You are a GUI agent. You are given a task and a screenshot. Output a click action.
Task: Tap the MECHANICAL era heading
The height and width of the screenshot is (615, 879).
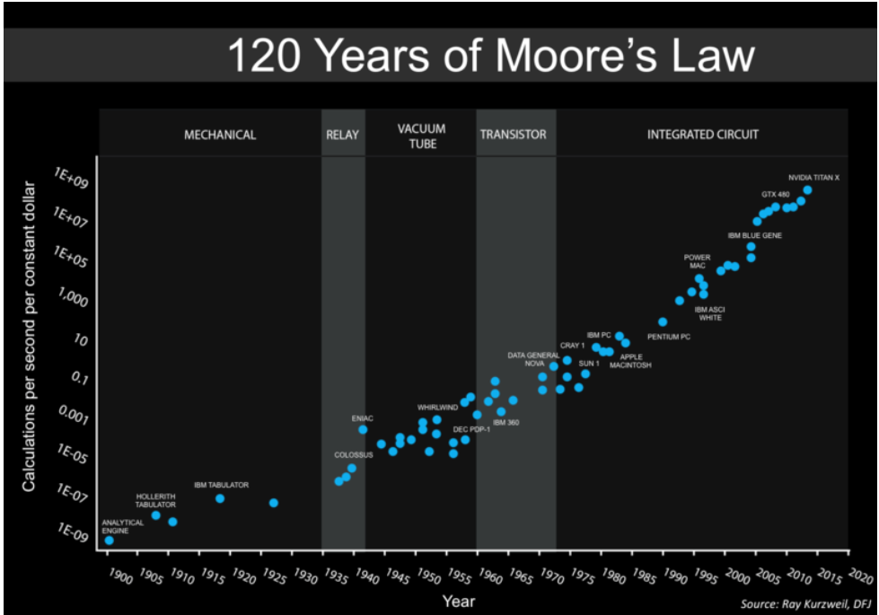(220, 136)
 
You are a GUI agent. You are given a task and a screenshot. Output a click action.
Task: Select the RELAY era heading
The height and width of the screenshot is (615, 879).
(342, 136)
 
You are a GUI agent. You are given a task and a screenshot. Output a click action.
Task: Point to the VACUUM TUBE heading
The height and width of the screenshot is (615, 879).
(421, 136)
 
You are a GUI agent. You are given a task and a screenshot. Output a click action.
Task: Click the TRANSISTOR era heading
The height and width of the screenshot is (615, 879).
(513, 136)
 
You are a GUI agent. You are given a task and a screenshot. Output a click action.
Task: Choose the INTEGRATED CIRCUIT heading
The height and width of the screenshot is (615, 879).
(703, 135)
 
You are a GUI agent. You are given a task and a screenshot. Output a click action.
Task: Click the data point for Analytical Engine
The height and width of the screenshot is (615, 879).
(110, 540)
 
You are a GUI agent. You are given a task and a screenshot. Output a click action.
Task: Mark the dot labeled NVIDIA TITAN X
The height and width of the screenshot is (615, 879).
(807, 190)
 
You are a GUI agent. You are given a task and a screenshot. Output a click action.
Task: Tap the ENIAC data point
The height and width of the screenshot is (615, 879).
(363, 430)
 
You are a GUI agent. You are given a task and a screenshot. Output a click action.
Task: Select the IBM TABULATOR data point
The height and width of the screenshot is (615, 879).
(220, 498)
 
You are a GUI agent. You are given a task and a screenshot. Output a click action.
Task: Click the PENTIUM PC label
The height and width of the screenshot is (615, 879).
(669, 337)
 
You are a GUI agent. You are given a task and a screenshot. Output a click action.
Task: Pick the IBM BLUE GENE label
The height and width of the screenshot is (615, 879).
(754, 235)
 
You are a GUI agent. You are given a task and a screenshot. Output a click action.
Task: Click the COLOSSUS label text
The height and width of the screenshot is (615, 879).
(353, 455)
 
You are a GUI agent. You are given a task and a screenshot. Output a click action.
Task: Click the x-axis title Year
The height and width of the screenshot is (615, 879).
(458, 602)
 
